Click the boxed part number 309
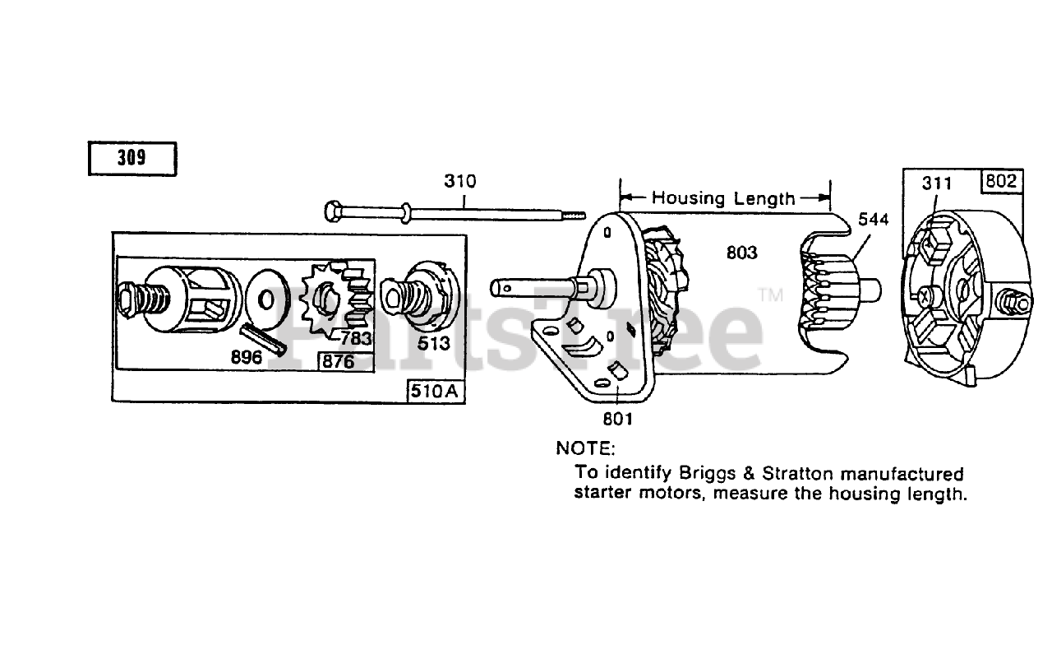click(x=131, y=158)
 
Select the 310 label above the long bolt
click(x=459, y=181)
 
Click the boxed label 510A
click(x=436, y=392)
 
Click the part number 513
click(x=433, y=343)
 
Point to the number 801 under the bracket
click(x=617, y=419)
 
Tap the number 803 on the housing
click(x=741, y=253)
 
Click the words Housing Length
click(x=723, y=198)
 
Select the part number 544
click(x=874, y=220)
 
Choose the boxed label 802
click(x=1000, y=181)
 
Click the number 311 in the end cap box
click(x=936, y=183)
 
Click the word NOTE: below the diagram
click(x=585, y=448)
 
